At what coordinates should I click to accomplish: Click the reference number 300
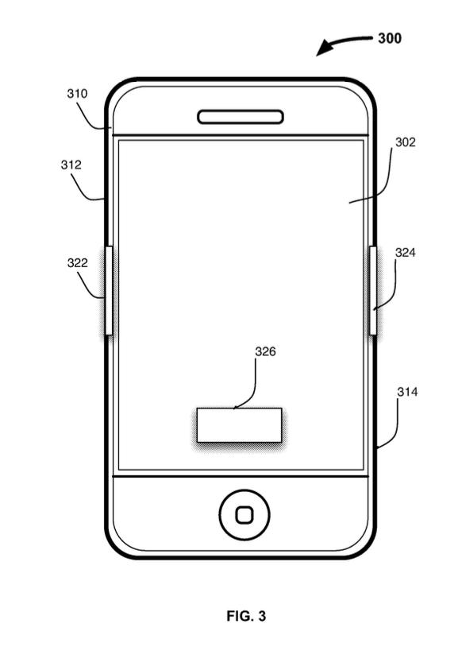coord(390,38)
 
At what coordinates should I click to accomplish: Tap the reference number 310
coord(77,94)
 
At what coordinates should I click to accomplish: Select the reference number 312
coord(71,165)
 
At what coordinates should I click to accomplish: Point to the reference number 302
coord(405,142)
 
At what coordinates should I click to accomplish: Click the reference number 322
coord(78,263)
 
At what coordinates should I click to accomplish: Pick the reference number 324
coord(405,253)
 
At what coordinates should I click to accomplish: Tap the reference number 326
coord(265,351)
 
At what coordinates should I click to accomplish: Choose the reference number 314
coord(407,392)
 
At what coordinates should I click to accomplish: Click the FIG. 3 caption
coord(246,616)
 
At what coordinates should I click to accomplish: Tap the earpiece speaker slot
coord(241,117)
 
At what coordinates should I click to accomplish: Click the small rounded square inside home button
coord(244,515)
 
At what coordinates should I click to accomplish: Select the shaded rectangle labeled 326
coord(240,425)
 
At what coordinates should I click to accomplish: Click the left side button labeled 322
coord(109,290)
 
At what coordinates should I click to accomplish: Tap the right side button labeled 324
coord(372,290)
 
